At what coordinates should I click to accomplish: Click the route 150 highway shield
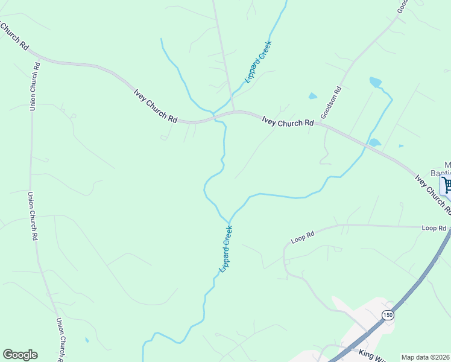tap(387, 315)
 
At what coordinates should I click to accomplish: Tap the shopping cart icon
tap(447, 185)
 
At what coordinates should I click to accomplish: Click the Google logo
tap(20, 355)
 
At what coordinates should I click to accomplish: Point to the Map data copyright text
tap(426, 357)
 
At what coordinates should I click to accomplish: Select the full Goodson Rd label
tap(331, 103)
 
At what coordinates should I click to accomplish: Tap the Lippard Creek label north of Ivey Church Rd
tap(259, 62)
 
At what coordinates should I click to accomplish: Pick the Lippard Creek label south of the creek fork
tap(225, 249)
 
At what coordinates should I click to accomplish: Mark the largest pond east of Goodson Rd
tap(376, 81)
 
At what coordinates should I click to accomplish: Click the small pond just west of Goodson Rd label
tap(312, 96)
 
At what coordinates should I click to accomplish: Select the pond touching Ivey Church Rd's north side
tap(374, 143)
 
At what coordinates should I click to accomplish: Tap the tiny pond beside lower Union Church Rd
tap(86, 340)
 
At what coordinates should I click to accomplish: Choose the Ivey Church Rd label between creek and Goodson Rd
tap(288, 121)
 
